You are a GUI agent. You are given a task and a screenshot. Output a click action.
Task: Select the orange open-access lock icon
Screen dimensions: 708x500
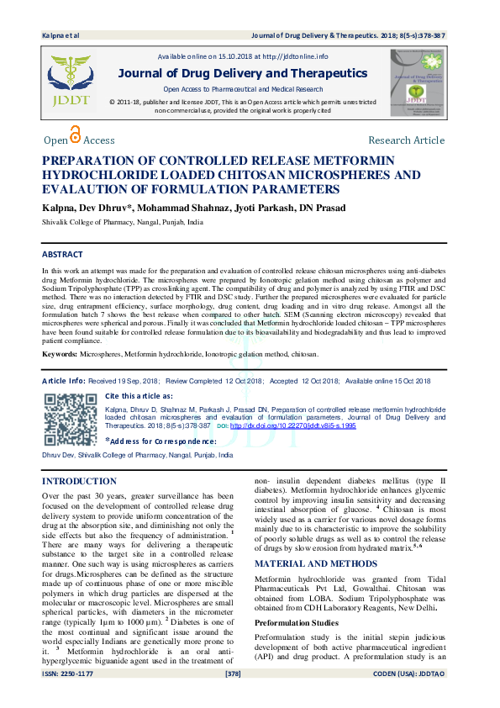76,135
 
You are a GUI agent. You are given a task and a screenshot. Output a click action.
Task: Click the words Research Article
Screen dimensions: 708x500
406,140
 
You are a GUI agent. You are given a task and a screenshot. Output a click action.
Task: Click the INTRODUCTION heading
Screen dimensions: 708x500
79,481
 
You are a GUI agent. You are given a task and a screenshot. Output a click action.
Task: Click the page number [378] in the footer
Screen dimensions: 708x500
234,697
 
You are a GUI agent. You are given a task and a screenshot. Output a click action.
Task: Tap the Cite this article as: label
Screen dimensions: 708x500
139,395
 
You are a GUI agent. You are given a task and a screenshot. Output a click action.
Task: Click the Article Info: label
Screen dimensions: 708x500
62,381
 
